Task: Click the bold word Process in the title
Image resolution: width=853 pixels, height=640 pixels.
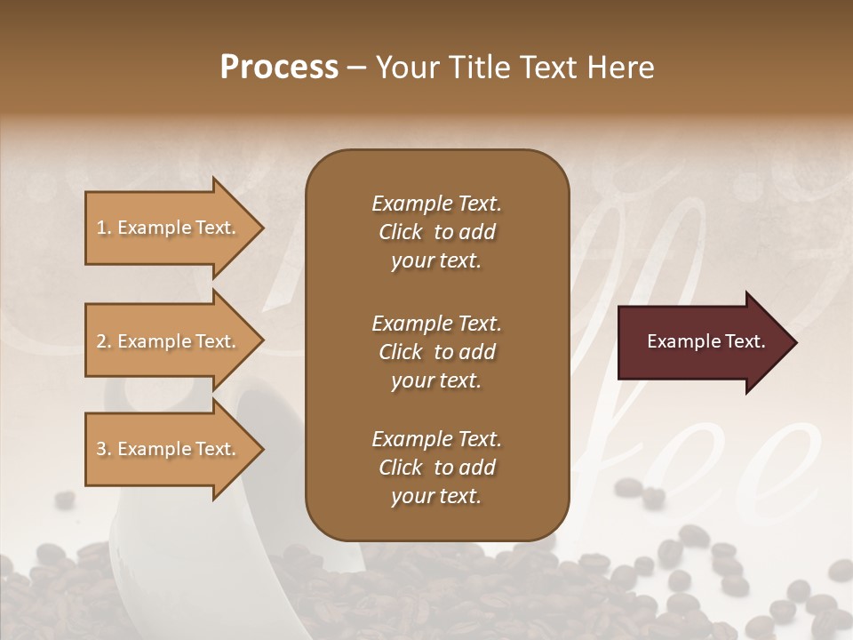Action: coord(279,68)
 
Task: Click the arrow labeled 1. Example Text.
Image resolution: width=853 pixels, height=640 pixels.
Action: coord(169,228)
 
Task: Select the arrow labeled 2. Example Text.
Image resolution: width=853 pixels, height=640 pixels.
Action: coord(169,341)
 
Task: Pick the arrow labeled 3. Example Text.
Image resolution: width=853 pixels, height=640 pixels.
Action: coord(169,449)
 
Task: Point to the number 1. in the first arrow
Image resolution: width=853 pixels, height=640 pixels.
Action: coord(104,228)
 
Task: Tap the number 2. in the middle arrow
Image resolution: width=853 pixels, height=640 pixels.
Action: coord(104,341)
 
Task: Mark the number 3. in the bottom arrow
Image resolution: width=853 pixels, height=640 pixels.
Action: coord(104,449)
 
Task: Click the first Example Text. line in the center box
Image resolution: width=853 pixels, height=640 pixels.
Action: coord(436,204)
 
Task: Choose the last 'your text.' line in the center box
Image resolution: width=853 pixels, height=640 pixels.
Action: coord(436,496)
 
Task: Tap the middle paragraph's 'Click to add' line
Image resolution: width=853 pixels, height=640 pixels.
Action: coord(436,352)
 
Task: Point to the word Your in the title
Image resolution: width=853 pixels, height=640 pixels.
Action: coord(407,68)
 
